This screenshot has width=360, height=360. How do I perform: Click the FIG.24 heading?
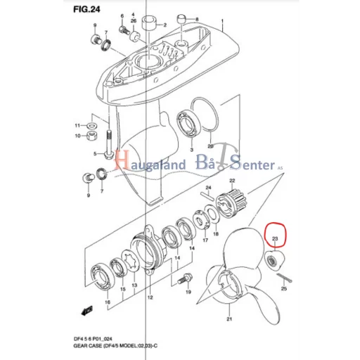pos(86,9)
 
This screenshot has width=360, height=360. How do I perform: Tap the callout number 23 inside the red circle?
pos(275,238)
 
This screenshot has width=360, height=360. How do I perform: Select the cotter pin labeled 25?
pos(284,278)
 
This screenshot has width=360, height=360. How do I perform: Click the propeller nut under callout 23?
pos(275,260)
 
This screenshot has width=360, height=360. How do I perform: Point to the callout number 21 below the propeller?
pos(229,319)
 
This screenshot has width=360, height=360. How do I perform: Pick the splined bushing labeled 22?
pos(231,205)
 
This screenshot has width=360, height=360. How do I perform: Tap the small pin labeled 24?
pos(207,196)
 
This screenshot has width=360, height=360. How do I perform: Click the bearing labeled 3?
pos(189,125)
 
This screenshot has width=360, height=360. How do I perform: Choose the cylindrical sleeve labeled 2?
pos(149,23)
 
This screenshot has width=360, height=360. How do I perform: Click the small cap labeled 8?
pos(182,19)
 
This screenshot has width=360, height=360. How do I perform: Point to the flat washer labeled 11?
pos(93,126)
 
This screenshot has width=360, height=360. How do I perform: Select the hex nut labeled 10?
pos(92,136)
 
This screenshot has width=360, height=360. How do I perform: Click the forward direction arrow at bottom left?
pos(86,311)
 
